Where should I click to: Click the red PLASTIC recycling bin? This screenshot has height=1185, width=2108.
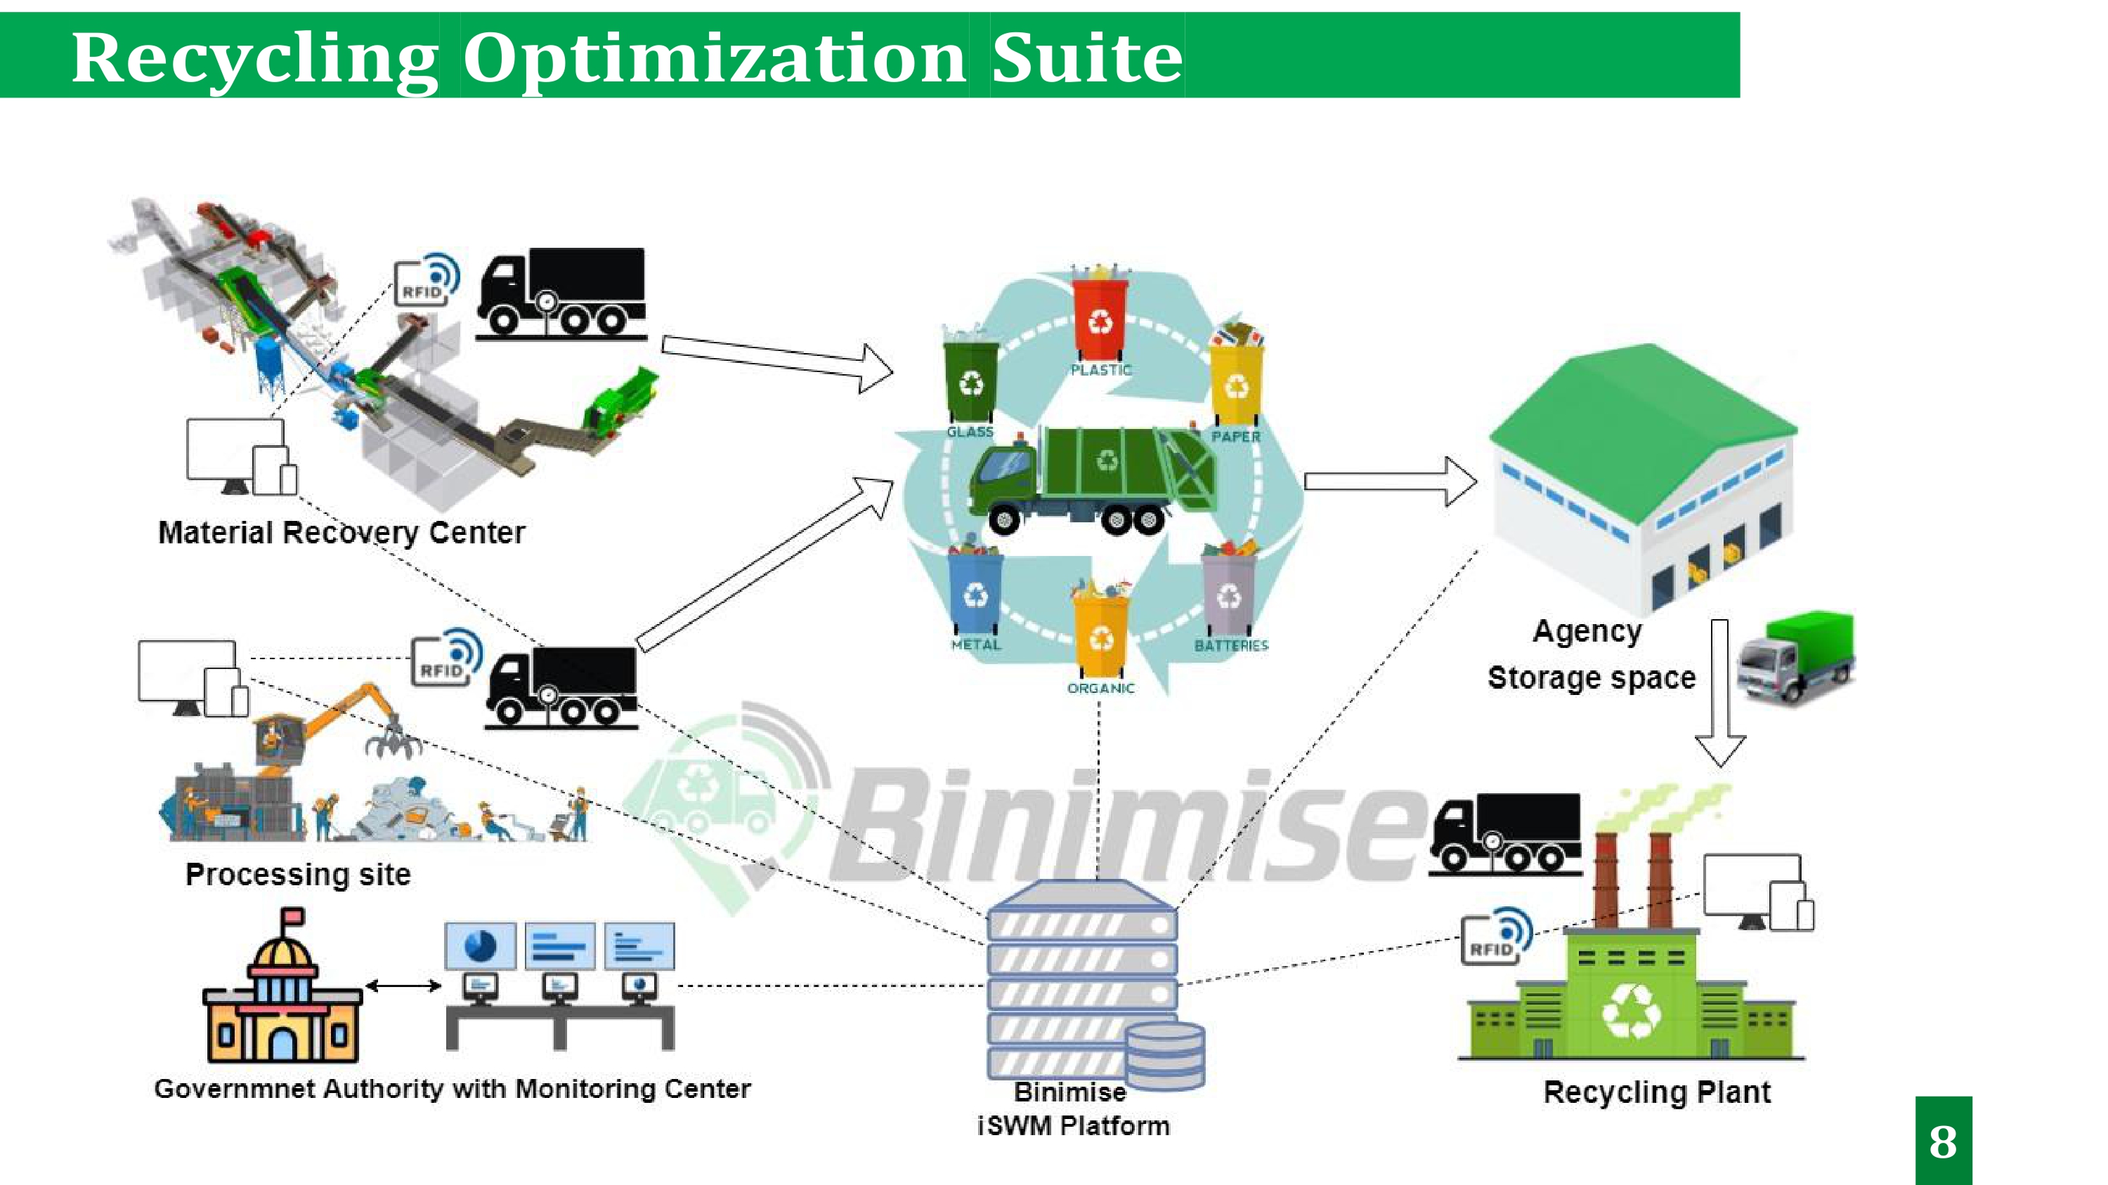coord(1100,318)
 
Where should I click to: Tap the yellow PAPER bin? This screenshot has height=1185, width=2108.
coord(1237,381)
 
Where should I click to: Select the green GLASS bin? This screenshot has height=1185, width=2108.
coord(970,380)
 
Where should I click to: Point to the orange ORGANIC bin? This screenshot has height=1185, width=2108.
coord(1102,635)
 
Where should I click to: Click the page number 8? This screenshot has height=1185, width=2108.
coord(1943,1141)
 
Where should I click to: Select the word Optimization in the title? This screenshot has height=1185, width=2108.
coord(715,58)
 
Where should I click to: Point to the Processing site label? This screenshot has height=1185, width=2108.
coord(298,875)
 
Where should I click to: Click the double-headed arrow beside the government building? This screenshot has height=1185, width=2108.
coord(403,986)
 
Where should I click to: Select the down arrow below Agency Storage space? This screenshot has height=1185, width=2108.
coord(1719,695)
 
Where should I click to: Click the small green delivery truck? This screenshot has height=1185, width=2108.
coord(1797,658)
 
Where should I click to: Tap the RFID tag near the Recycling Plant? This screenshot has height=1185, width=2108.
coord(1495,937)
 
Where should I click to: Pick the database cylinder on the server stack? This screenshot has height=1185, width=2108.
coord(1164,1056)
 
